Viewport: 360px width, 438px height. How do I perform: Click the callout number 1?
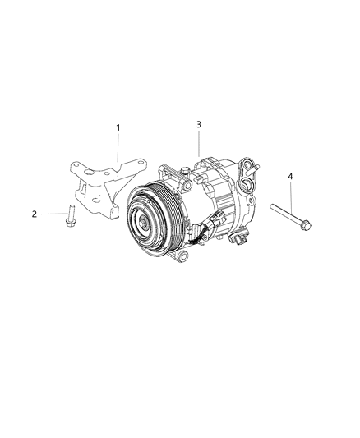click(x=118, y=127)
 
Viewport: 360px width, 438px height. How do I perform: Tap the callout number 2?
click(x=35, y=214)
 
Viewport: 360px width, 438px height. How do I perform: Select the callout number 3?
click(x=199, y=124)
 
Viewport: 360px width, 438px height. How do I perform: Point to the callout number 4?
click(x=290, y=176)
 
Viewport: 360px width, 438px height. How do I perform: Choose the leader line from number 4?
click(x=290, y=197)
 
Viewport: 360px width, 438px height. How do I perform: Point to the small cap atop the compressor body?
click(x=187, y=171)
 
